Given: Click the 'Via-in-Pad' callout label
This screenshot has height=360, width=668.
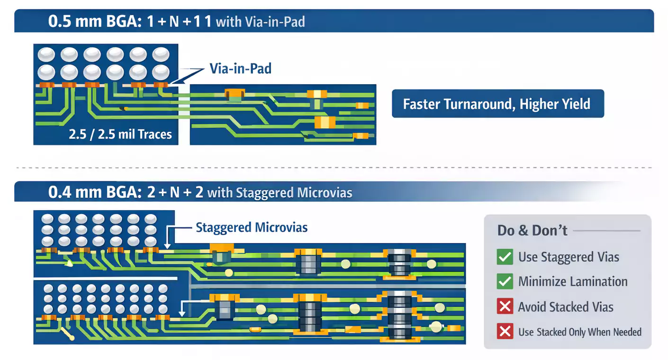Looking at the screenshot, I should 240,69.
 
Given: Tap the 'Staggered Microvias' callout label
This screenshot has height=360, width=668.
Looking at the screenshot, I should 252,227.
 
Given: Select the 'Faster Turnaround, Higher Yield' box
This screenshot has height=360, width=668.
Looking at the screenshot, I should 497,104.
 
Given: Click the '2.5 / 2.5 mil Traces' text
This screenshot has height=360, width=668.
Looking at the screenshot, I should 120,135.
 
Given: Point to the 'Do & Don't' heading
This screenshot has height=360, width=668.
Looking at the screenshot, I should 532,231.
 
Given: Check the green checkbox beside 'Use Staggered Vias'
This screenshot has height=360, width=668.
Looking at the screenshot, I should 505,257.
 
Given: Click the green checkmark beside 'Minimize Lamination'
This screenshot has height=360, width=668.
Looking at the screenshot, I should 505,282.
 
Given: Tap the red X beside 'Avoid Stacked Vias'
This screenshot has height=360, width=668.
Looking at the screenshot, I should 505,307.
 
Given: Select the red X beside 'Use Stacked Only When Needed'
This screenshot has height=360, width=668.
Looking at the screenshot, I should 505,332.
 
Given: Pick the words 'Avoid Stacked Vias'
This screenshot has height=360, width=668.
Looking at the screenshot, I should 566,307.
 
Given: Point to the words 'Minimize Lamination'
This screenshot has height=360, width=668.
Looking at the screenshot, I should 573,282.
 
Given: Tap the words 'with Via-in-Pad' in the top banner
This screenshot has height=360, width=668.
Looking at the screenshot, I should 260,22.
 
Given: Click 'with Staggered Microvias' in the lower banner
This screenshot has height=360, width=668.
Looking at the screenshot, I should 280,193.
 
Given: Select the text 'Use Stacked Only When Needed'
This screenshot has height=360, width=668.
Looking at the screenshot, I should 580,332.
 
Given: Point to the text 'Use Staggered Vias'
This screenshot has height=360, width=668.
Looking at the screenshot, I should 569,257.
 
